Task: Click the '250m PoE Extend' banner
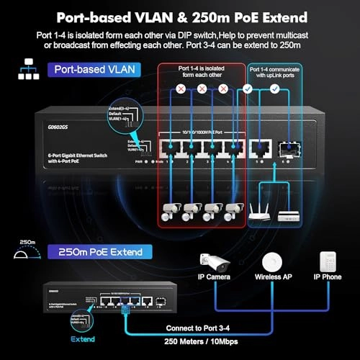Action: tap(96, 251)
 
